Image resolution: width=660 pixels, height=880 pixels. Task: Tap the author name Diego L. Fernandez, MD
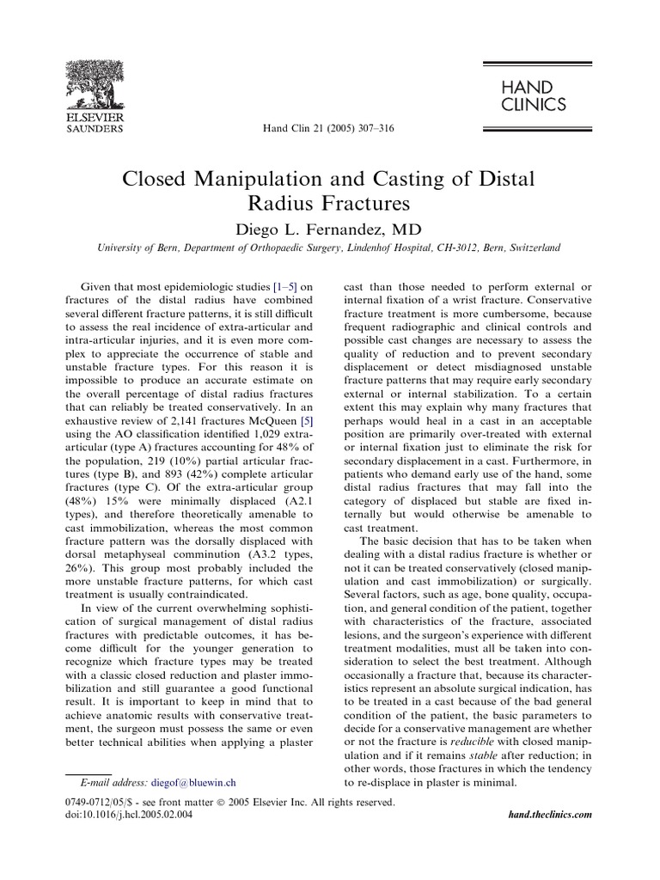pos(329,228)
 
